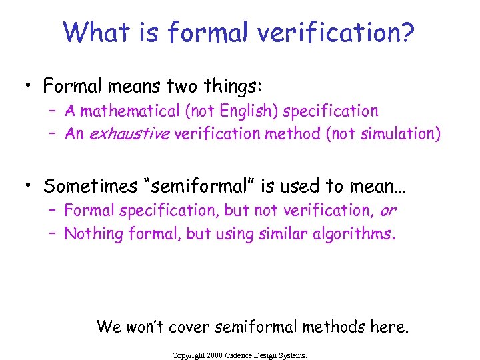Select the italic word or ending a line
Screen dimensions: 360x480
click(x=387, y=211)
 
